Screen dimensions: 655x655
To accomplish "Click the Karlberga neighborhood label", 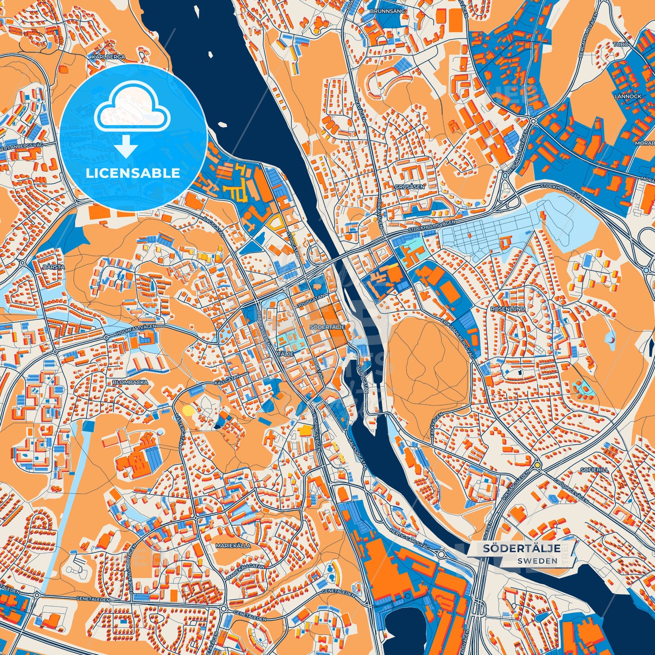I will coord(108,58).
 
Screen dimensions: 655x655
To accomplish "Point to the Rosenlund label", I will coord(508,309).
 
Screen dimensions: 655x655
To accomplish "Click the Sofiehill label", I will coord(595,470).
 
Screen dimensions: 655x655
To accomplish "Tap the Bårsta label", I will coord(53,267).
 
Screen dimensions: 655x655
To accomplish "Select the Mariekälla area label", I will coord(233,546).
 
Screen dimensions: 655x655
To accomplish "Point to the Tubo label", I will coord(621,44).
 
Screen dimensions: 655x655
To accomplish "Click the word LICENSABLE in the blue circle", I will coord(133,173).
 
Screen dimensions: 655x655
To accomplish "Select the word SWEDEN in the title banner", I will coord(539,561).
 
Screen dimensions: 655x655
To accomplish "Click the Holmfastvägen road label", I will coord(133,330).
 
